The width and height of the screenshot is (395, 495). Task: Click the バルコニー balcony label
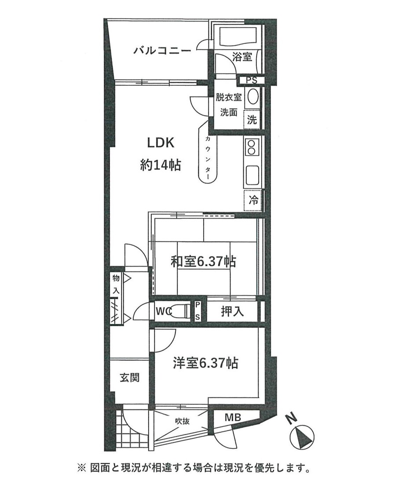(x=162, y=50)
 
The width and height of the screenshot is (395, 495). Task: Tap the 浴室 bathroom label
(x=242, y=57)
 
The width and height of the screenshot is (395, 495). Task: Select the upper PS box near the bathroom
(x=251, y=80)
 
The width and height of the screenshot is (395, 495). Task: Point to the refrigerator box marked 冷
(x=253, y=200)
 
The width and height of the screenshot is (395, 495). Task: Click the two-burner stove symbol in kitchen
(x=252, y=147)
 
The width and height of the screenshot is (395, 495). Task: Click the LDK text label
(x=161, y=143)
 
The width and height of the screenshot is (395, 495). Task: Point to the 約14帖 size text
(x=160, y=165)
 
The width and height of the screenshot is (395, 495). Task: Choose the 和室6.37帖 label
(x=203, y=262)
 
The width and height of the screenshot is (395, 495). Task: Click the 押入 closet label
(x=232, y=312)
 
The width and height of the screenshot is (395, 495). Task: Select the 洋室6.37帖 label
(x=205, y=363)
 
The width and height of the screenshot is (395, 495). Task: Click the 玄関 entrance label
(x=129, y=377)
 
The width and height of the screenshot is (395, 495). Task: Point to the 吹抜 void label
(x=182, y=421)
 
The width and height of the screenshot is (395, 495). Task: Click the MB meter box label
(x=233, y=417)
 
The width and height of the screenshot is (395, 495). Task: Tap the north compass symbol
(x=302, y=436)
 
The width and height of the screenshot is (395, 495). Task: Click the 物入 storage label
(x=116, y=284)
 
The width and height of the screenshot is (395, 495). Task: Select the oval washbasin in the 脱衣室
(x=252, y=97)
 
